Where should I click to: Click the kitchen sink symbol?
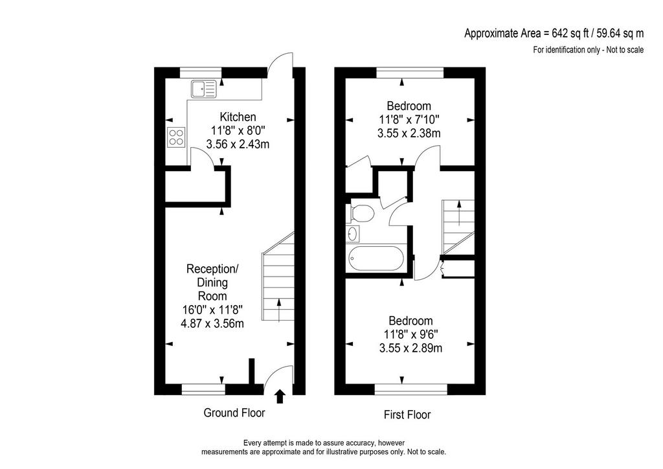pos(203,89)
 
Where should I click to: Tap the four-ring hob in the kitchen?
pos(176,137)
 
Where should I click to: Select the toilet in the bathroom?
pos(359,214)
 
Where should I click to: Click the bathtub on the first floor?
pos(375,259)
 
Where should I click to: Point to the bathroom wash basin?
pos(353,234)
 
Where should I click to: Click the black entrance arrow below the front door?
pos(280,396)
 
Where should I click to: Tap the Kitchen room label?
pos(238,117)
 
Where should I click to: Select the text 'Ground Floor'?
pos(234,413)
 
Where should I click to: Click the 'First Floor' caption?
pos(407,415)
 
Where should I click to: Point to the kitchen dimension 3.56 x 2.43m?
pos(238,144)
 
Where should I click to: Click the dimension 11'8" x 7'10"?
pos(409,120)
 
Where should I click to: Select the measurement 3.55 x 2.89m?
pos(411,349)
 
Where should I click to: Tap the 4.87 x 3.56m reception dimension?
pos(212,324)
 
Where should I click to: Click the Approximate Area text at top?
pos(554,34)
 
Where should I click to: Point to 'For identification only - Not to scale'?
pos(588,50)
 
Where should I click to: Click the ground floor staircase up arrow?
pos(278,310)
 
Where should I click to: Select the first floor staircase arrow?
pos(459,214)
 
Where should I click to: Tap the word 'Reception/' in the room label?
pos(212,269)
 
